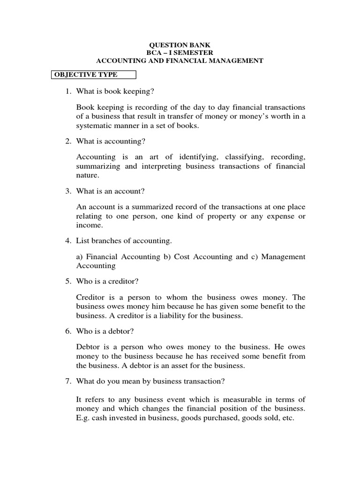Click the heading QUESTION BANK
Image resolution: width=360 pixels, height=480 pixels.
(x=180, y=45)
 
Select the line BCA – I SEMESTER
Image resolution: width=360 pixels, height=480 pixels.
(x=180, y=52)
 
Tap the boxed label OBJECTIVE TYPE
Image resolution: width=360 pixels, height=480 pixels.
(x=85, y=75)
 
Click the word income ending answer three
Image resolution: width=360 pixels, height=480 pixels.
(x=89, y=225)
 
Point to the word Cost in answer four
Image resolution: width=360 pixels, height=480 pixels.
(x=172, y=256)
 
